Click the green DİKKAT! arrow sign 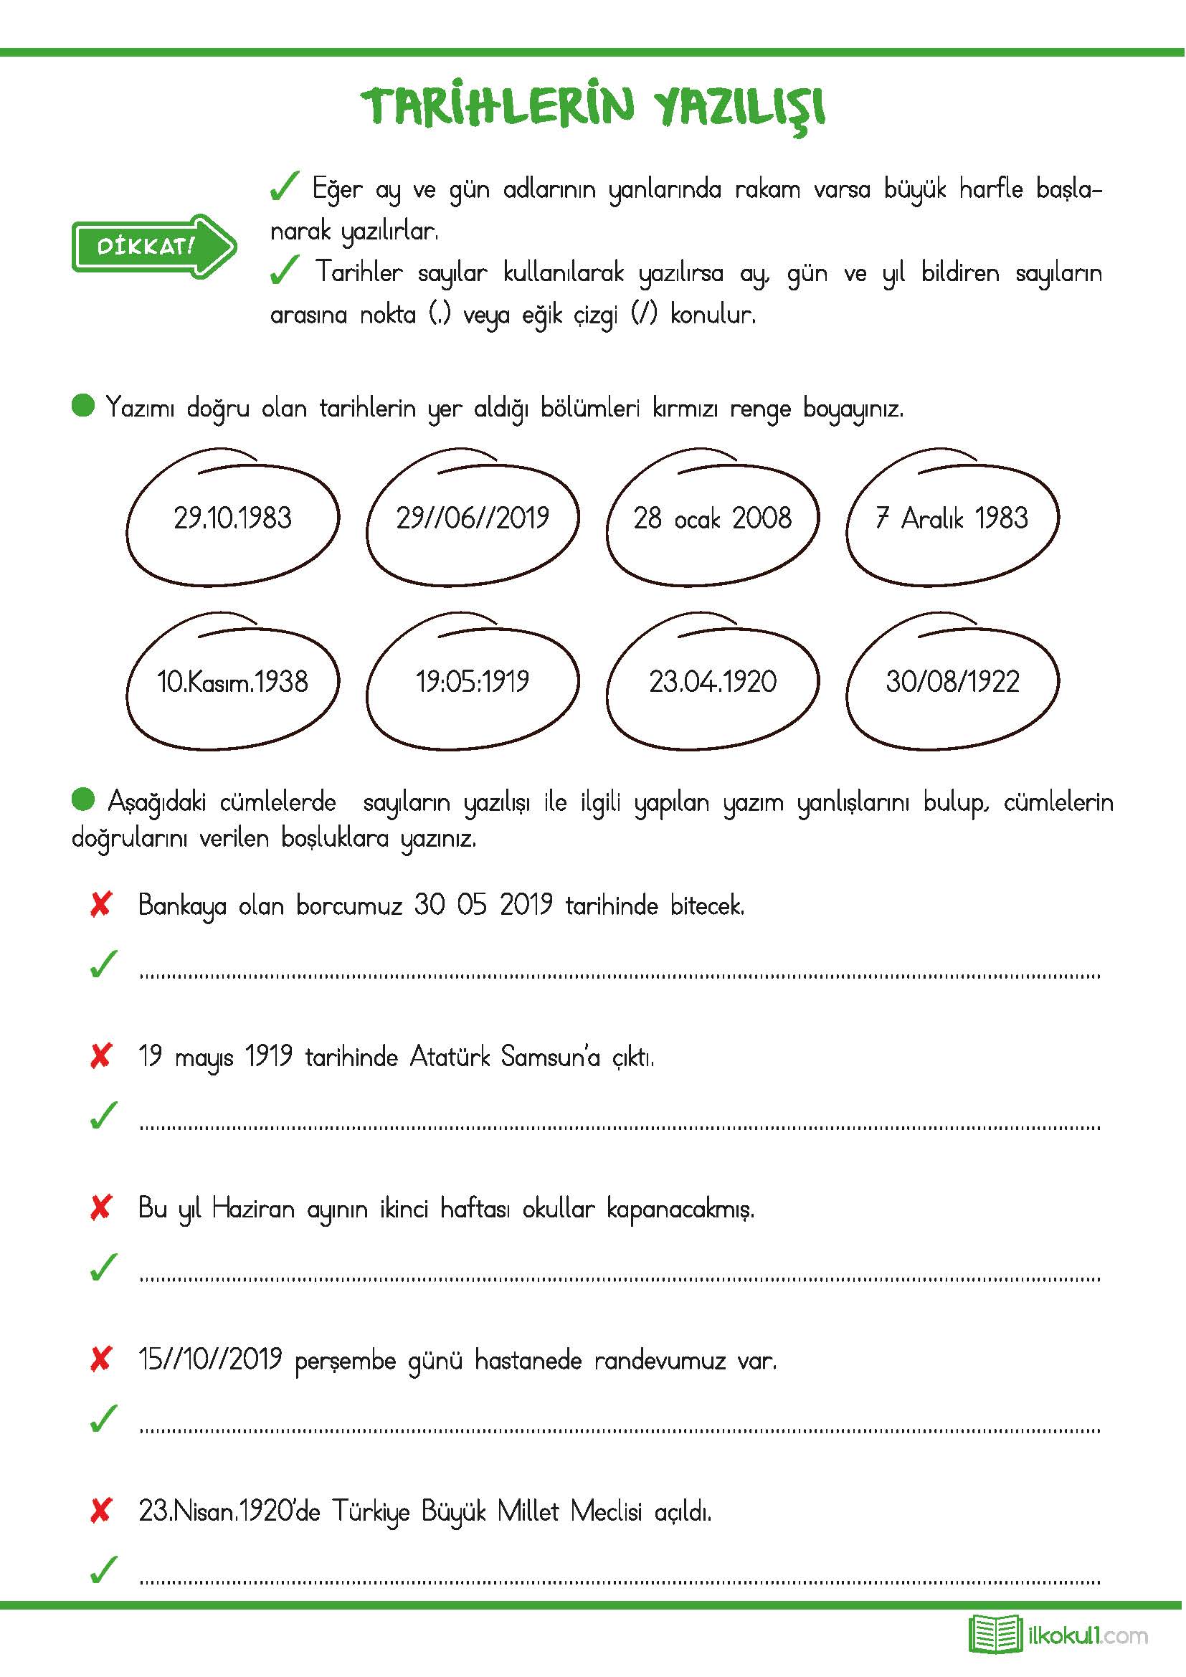[153, 245]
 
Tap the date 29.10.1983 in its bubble [232, 518]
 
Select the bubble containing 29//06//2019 [473, 518]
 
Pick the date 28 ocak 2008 [712, 518]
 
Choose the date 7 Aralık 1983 [952, 518]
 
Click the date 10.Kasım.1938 [232, 682]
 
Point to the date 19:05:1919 [473, 682]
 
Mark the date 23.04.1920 [712, 682]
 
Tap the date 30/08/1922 [952, 682]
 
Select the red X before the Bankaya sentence [101, 905]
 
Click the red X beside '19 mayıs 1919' [101, 1056]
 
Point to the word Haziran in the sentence [252, 1208]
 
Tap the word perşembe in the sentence [345, 1361]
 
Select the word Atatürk [449, 1056]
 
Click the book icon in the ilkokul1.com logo [995, 1634]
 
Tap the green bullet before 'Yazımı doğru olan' [83, 405]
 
